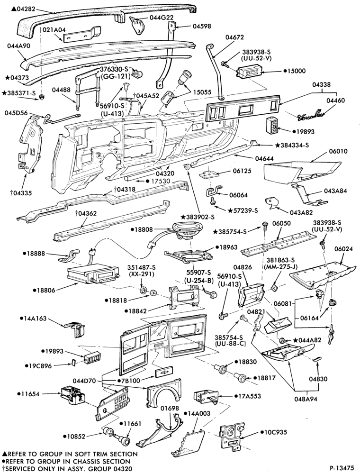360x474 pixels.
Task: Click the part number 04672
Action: [234, 37]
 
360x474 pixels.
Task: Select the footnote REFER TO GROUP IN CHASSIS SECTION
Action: [67, 462]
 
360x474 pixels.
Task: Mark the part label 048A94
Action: [306, 399]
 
